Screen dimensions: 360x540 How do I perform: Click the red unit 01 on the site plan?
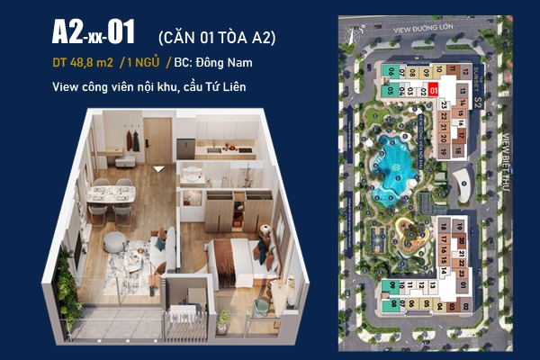[x=433, y=89]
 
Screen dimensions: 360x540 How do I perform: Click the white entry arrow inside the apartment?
[x=159, y=167]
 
